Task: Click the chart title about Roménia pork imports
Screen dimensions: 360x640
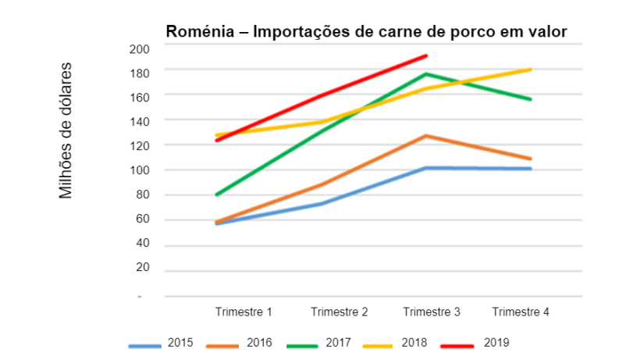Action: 365,31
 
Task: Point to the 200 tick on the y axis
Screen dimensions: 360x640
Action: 139,48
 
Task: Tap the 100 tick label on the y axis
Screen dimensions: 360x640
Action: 139,170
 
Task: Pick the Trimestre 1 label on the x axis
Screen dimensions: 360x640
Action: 244,312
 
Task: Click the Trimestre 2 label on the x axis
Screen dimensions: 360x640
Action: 340,312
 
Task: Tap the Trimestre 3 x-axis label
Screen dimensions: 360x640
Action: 432,312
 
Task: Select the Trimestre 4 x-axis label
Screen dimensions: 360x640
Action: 521,312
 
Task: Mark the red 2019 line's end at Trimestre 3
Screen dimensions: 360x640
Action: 426,55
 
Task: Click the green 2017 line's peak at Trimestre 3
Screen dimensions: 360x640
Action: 426,74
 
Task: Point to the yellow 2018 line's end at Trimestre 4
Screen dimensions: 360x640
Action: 531,70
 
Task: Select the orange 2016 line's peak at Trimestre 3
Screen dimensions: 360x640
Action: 426,136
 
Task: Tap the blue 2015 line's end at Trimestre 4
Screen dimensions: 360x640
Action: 531,169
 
